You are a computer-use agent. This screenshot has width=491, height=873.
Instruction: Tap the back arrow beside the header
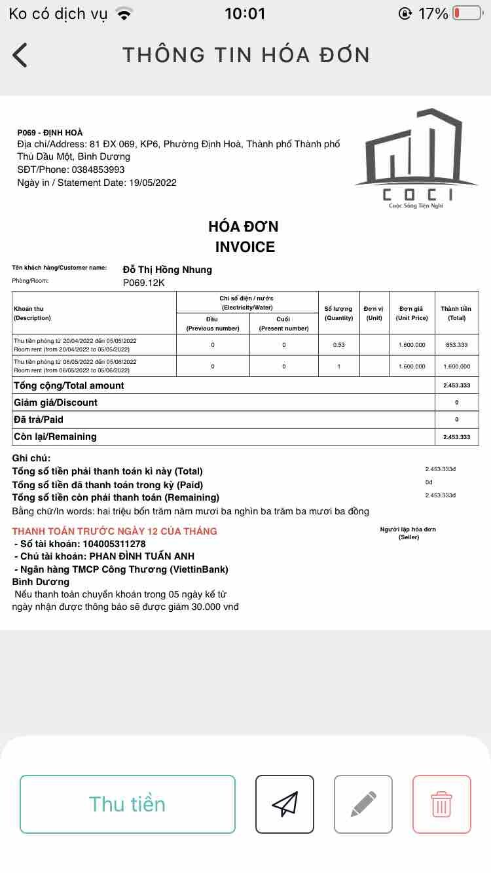pos(20,55)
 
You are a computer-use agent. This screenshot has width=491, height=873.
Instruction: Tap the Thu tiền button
pos(127,804)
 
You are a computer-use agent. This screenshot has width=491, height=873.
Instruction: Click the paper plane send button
pos(284,804)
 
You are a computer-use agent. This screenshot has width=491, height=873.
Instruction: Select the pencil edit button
pos(363,804)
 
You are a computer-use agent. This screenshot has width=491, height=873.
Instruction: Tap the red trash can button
pos(441,804)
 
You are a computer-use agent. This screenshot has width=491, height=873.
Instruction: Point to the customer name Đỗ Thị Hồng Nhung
pos(168,270)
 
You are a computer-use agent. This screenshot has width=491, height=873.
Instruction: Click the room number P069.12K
pos(144,283)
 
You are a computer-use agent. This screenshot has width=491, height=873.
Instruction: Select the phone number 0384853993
pos(98,169)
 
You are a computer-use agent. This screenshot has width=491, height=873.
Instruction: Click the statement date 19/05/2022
pos(152,183)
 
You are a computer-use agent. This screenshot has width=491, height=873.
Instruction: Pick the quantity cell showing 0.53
pos(338,345)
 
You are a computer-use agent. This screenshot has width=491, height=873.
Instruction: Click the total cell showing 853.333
pos(456,345)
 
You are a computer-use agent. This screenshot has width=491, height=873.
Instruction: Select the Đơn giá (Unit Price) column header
pos(412,313)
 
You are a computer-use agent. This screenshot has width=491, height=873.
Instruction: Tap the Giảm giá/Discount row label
pos(56,402)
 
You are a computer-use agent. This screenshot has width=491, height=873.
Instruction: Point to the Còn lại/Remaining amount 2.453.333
pos(456,436)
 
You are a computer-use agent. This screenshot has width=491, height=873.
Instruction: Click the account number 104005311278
pos(114,544)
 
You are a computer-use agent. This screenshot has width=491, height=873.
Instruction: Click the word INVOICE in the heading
pos(245,247)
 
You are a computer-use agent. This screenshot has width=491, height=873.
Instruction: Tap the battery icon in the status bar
pos(467,13)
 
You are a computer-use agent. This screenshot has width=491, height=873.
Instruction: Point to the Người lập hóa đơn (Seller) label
pos(408,533)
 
